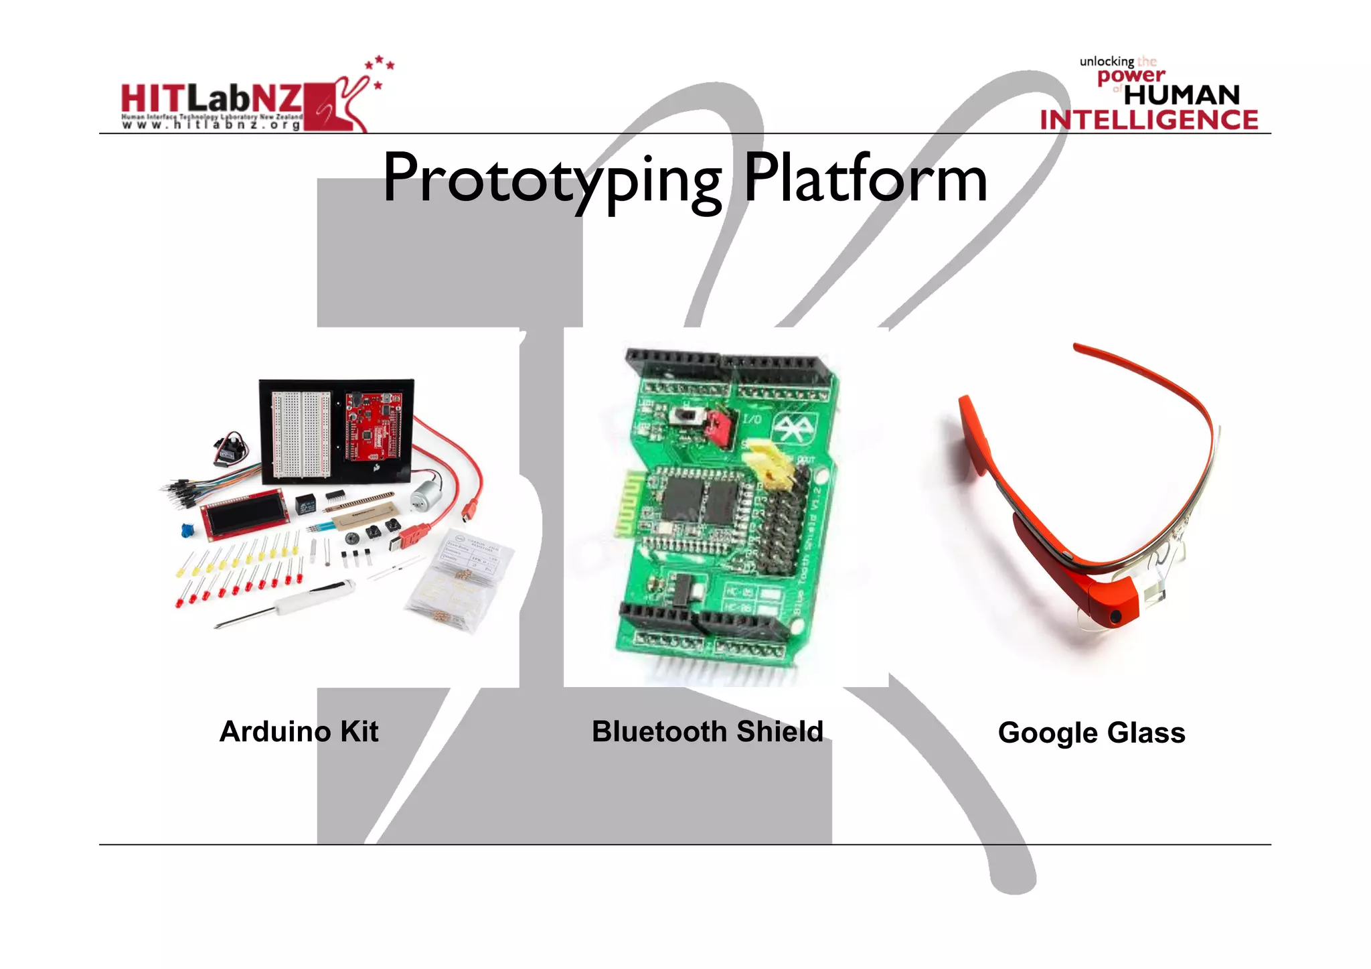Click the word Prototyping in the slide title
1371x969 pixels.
click(552, 179)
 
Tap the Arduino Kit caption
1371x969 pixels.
click(299, 731)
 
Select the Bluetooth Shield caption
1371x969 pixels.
click(707, 731)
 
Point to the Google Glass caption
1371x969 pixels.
click(1091, 733)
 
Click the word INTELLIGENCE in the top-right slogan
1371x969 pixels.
click(1149, 120)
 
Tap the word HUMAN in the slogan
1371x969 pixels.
click(1182, 95)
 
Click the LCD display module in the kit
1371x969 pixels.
click(245, 514)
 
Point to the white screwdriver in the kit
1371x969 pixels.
click(295, 603)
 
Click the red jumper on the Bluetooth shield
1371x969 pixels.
click(718, 428)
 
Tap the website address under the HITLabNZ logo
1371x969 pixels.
click(212, 125)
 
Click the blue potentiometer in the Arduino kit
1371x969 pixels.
click(187, 531)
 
